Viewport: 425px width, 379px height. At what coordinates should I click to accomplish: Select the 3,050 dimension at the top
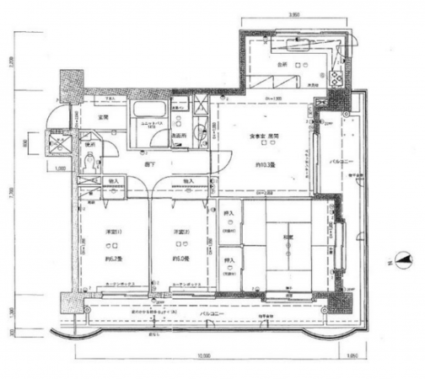coord(293,14)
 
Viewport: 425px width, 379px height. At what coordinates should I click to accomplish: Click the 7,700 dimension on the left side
coord(10,194)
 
